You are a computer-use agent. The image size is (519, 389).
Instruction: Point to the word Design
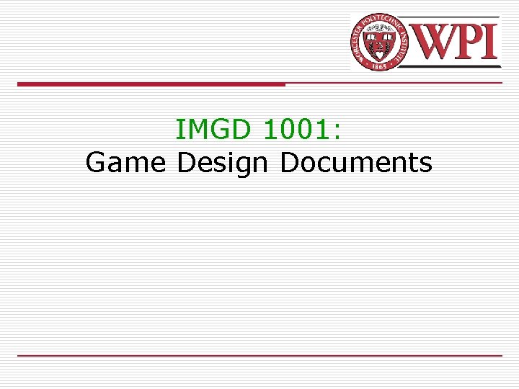click(x=222, y=164)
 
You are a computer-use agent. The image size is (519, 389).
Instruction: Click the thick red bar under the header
click(x=151, y=84)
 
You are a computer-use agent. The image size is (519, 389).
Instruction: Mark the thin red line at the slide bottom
click(x=259, y=355)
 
